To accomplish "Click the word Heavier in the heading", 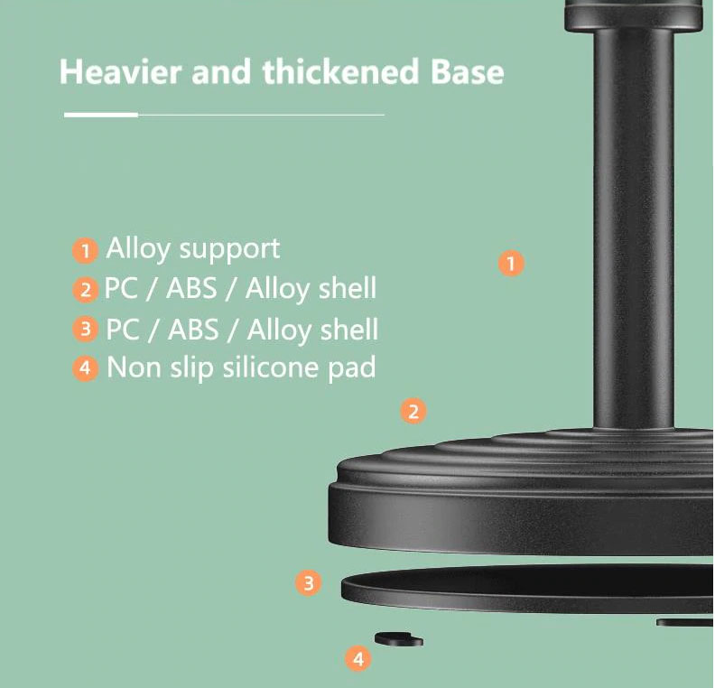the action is point(119,71).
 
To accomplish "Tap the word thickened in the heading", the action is point(340,71).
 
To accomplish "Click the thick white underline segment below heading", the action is point(101,115).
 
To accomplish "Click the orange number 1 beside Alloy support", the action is point(85,250).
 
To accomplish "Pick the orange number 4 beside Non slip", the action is point(85,367).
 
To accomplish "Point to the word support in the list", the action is point(229,250).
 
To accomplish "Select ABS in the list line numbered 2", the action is point(191,289).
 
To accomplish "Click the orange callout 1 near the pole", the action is point(511,263).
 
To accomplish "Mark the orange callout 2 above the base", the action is point(413,411).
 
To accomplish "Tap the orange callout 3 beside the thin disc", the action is point(308,582).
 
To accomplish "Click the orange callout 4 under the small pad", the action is point(358,658).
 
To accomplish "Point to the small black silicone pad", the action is point(398,638).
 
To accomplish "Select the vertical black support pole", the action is point(634,228).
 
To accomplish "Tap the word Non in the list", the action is point(134,367).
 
